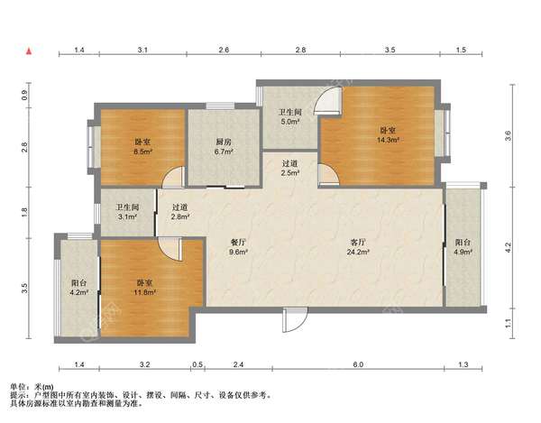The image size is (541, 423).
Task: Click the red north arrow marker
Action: pyautogui.click(x=30, y=51)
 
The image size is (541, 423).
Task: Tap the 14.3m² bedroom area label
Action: pyautogui.click(x=388, y=135)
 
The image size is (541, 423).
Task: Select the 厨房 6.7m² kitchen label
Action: pyautogui.click(x=224, y=146)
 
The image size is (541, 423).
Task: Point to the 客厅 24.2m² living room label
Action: pyautogui.click(x=358, y=247)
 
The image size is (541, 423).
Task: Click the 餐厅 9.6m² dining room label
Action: pyautogui.click(x=238, y=247)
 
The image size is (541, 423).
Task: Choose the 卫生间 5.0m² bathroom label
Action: pyautogui.click(x=290, y=116)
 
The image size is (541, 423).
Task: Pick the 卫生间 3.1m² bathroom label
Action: pyautogui.click(x=127, y=212)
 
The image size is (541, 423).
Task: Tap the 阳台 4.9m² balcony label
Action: pyautogui.click(x=463, y=247)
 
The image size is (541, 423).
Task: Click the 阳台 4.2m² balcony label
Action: pyautogui.click(x=79, y=288)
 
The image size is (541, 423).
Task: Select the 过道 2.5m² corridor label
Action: pyautogui.click(x=289, y=168)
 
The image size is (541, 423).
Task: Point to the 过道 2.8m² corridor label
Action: pyautogui.click(x=179, y=212)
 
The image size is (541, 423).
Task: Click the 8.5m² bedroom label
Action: pyautogui.click(x=142, y=146)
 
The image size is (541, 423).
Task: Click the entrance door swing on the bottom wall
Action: pyautogui.click(x=294, y=321)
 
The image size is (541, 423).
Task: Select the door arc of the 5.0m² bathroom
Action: pyautogui.click(x=328, y=100)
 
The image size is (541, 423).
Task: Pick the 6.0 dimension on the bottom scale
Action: pyautogui.click(x=358, y=364)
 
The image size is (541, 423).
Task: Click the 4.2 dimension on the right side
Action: pyautogui.click(x=508, y=247)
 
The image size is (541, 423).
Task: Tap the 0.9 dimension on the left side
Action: pyautogui.click(x=24, y=95)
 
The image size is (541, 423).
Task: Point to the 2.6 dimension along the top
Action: pyautogui.click(x=224, y=50)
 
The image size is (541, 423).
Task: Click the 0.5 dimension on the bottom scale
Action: pyautogui.click(x=197, y=364)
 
